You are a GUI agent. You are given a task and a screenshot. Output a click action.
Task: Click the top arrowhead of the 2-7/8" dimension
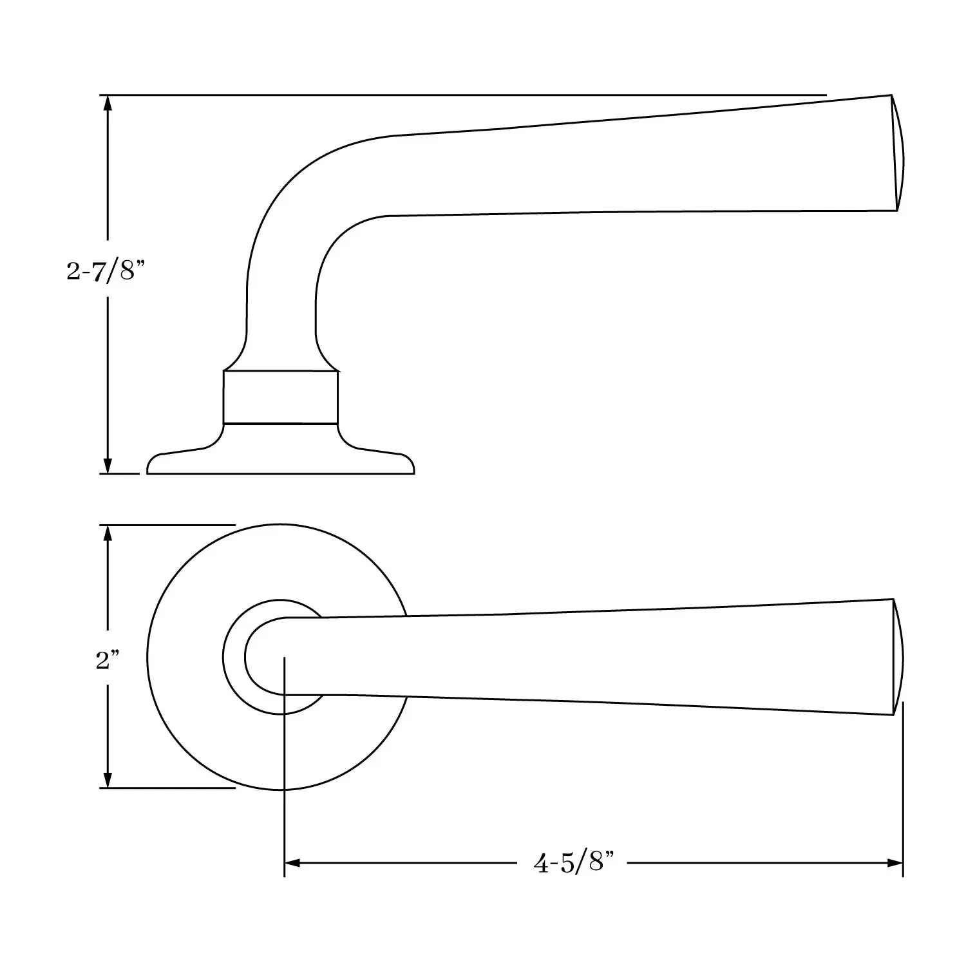(108, 103)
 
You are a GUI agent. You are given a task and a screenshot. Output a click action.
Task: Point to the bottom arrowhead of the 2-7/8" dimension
(108, 466)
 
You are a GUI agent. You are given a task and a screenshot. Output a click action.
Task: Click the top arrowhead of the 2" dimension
(108, 533)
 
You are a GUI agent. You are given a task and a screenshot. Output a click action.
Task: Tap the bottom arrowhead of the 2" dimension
(108, 779)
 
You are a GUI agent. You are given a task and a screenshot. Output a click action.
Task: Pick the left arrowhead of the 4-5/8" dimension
(292, 862)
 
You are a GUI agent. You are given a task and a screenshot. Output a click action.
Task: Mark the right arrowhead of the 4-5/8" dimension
(895, 862)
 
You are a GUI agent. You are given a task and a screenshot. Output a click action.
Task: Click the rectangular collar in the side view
(280, 397)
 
